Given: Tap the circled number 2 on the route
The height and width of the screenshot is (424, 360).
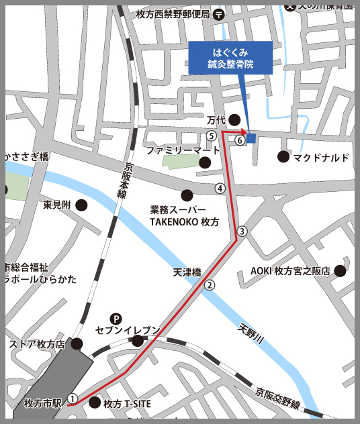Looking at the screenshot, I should pos(210,284).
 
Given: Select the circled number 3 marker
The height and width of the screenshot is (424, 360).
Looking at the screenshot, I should pos(242,231).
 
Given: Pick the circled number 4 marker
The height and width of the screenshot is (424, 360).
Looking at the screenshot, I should pos(220,189).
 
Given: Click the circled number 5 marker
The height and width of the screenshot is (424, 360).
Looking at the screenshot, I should pos(212,136).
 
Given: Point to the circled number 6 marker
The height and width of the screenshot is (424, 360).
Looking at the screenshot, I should pos(239,141).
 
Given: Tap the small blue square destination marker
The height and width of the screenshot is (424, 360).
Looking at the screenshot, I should pos(251,138).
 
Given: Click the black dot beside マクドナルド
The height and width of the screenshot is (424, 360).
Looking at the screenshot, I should pos(283,157).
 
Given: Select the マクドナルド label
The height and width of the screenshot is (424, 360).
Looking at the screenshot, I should pos(321,158).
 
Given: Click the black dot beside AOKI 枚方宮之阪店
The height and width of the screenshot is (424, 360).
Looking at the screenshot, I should pos(340,271).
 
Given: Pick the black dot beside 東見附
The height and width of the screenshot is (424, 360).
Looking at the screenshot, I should pos(81,205).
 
